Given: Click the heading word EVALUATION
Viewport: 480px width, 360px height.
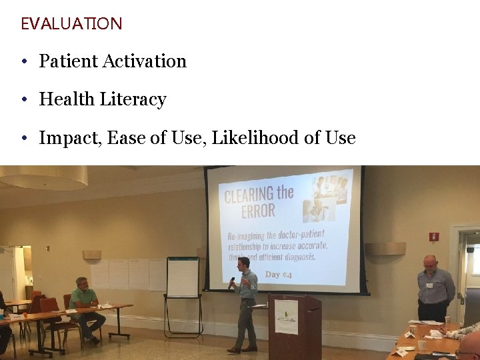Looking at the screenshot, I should click(x=71, y=24).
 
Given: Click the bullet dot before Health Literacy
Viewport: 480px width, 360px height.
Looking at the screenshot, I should click(x=23, y=100).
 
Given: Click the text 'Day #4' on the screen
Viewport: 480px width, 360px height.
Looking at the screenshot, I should click(x=278, y=275).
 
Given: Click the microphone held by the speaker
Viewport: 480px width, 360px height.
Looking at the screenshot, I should click(x=232, y=282).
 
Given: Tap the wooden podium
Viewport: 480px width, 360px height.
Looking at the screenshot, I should click(x=294, y=327).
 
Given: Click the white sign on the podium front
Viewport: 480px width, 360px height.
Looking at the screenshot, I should click(x=287, y=316).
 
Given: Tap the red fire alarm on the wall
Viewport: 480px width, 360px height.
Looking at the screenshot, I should click(x=434, y=237).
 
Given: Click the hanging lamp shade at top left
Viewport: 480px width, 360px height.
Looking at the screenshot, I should click(x=43, y=177).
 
